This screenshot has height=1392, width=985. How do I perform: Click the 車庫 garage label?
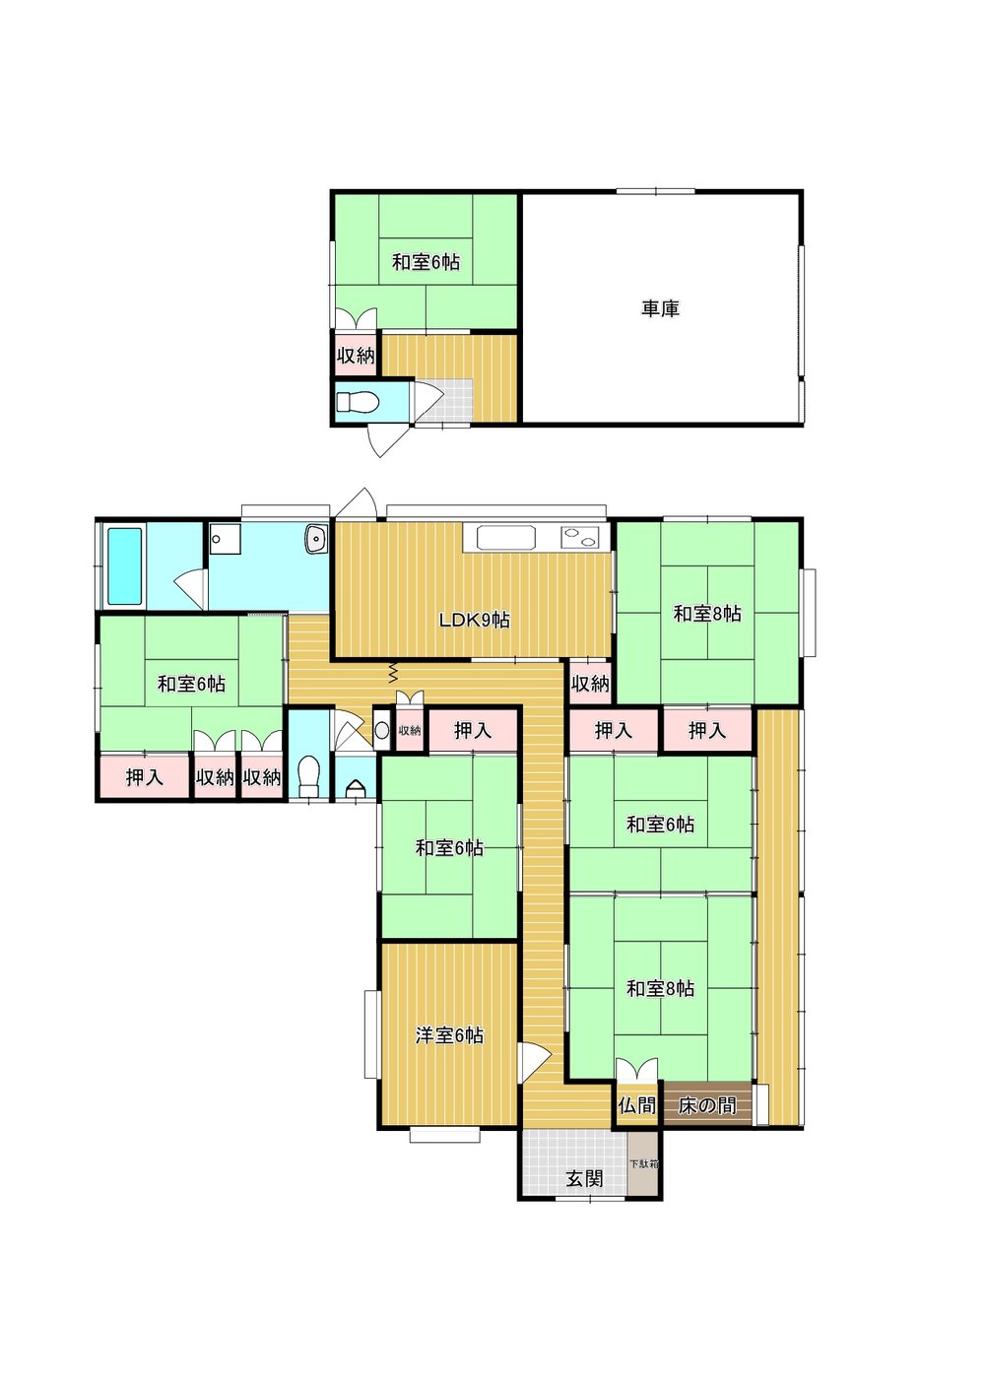point(660,308)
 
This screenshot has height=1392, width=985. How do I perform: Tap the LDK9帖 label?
point(474,620)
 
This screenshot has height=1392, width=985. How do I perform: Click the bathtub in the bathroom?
point(125,566)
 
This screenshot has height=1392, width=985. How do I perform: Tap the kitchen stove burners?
point(578,536)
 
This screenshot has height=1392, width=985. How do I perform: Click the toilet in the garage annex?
point(358,403)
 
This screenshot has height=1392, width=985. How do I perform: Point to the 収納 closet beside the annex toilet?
point(356,356)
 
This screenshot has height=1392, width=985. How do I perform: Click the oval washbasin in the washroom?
point(316,538)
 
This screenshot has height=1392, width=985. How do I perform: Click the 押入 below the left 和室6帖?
point(144,777)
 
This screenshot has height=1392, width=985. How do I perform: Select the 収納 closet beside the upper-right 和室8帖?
point(590,684)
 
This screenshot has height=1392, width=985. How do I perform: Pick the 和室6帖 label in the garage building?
point(426,262)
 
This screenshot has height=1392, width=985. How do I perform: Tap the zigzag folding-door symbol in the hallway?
point(393,671)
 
